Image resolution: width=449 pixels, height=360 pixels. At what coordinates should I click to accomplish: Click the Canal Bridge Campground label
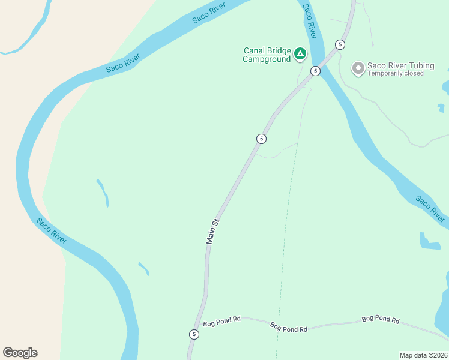pos(267,55)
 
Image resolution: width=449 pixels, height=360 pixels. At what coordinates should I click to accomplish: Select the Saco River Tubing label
pos(400,65)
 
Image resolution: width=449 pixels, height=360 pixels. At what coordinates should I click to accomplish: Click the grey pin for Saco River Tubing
pos(358,68)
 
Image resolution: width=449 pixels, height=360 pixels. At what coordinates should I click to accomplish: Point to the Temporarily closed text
pos(396,74)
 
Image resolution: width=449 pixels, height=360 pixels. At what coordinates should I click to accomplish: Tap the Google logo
pos(20,353)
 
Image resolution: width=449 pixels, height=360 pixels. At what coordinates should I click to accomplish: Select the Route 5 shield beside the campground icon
pos(315,71)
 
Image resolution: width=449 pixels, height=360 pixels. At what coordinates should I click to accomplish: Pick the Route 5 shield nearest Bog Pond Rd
pos(193,334)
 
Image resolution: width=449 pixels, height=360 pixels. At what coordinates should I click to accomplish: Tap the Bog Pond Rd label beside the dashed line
pos(289,328)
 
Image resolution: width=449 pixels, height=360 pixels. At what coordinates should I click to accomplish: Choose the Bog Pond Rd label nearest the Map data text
pos(380,320)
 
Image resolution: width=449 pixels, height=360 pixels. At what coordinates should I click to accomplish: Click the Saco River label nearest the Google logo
pos(51,231)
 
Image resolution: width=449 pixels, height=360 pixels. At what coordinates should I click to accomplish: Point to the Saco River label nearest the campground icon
pos(309,17)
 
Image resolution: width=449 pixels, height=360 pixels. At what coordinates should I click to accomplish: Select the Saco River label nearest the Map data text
pos(431,209)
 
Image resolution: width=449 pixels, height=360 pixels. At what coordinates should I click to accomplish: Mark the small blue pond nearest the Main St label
pos(143,268)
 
